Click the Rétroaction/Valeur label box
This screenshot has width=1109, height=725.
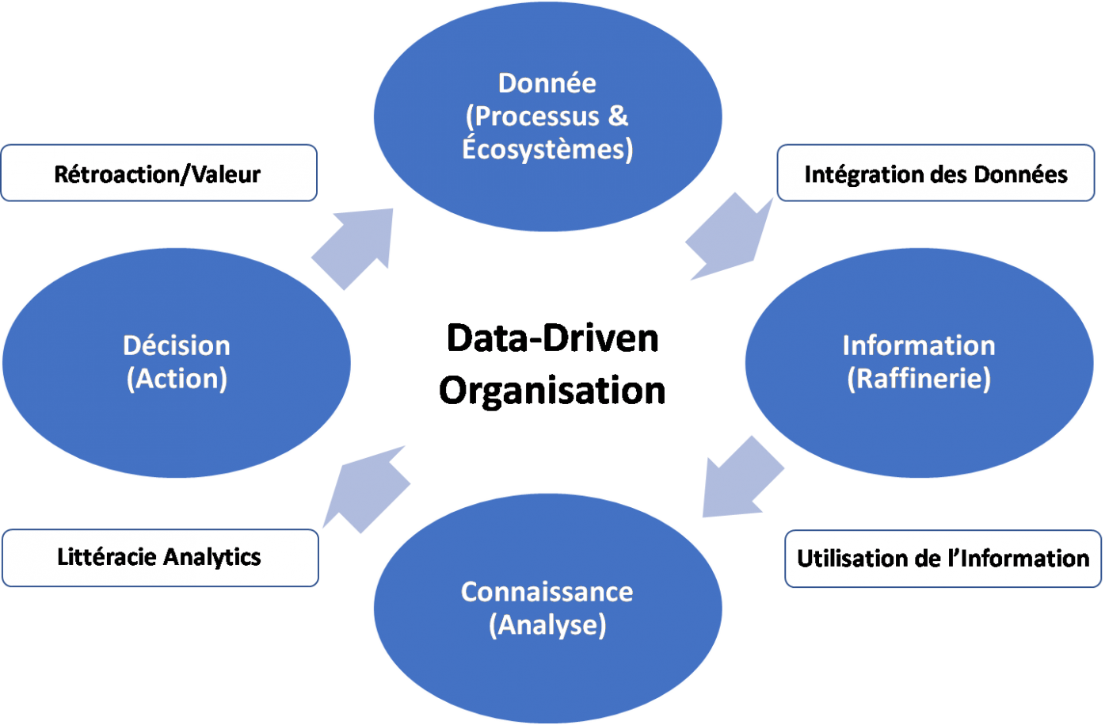point(158,174)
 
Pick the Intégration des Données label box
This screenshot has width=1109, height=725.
point(936,174)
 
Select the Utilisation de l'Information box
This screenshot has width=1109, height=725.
point(943,559)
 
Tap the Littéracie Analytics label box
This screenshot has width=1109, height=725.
point(159,558)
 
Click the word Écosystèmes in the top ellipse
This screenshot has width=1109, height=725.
point(546,149)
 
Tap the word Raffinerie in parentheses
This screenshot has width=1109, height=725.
point(919,379)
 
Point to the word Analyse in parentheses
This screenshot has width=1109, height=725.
point(547,625)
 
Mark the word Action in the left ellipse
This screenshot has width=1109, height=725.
point(177,379)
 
